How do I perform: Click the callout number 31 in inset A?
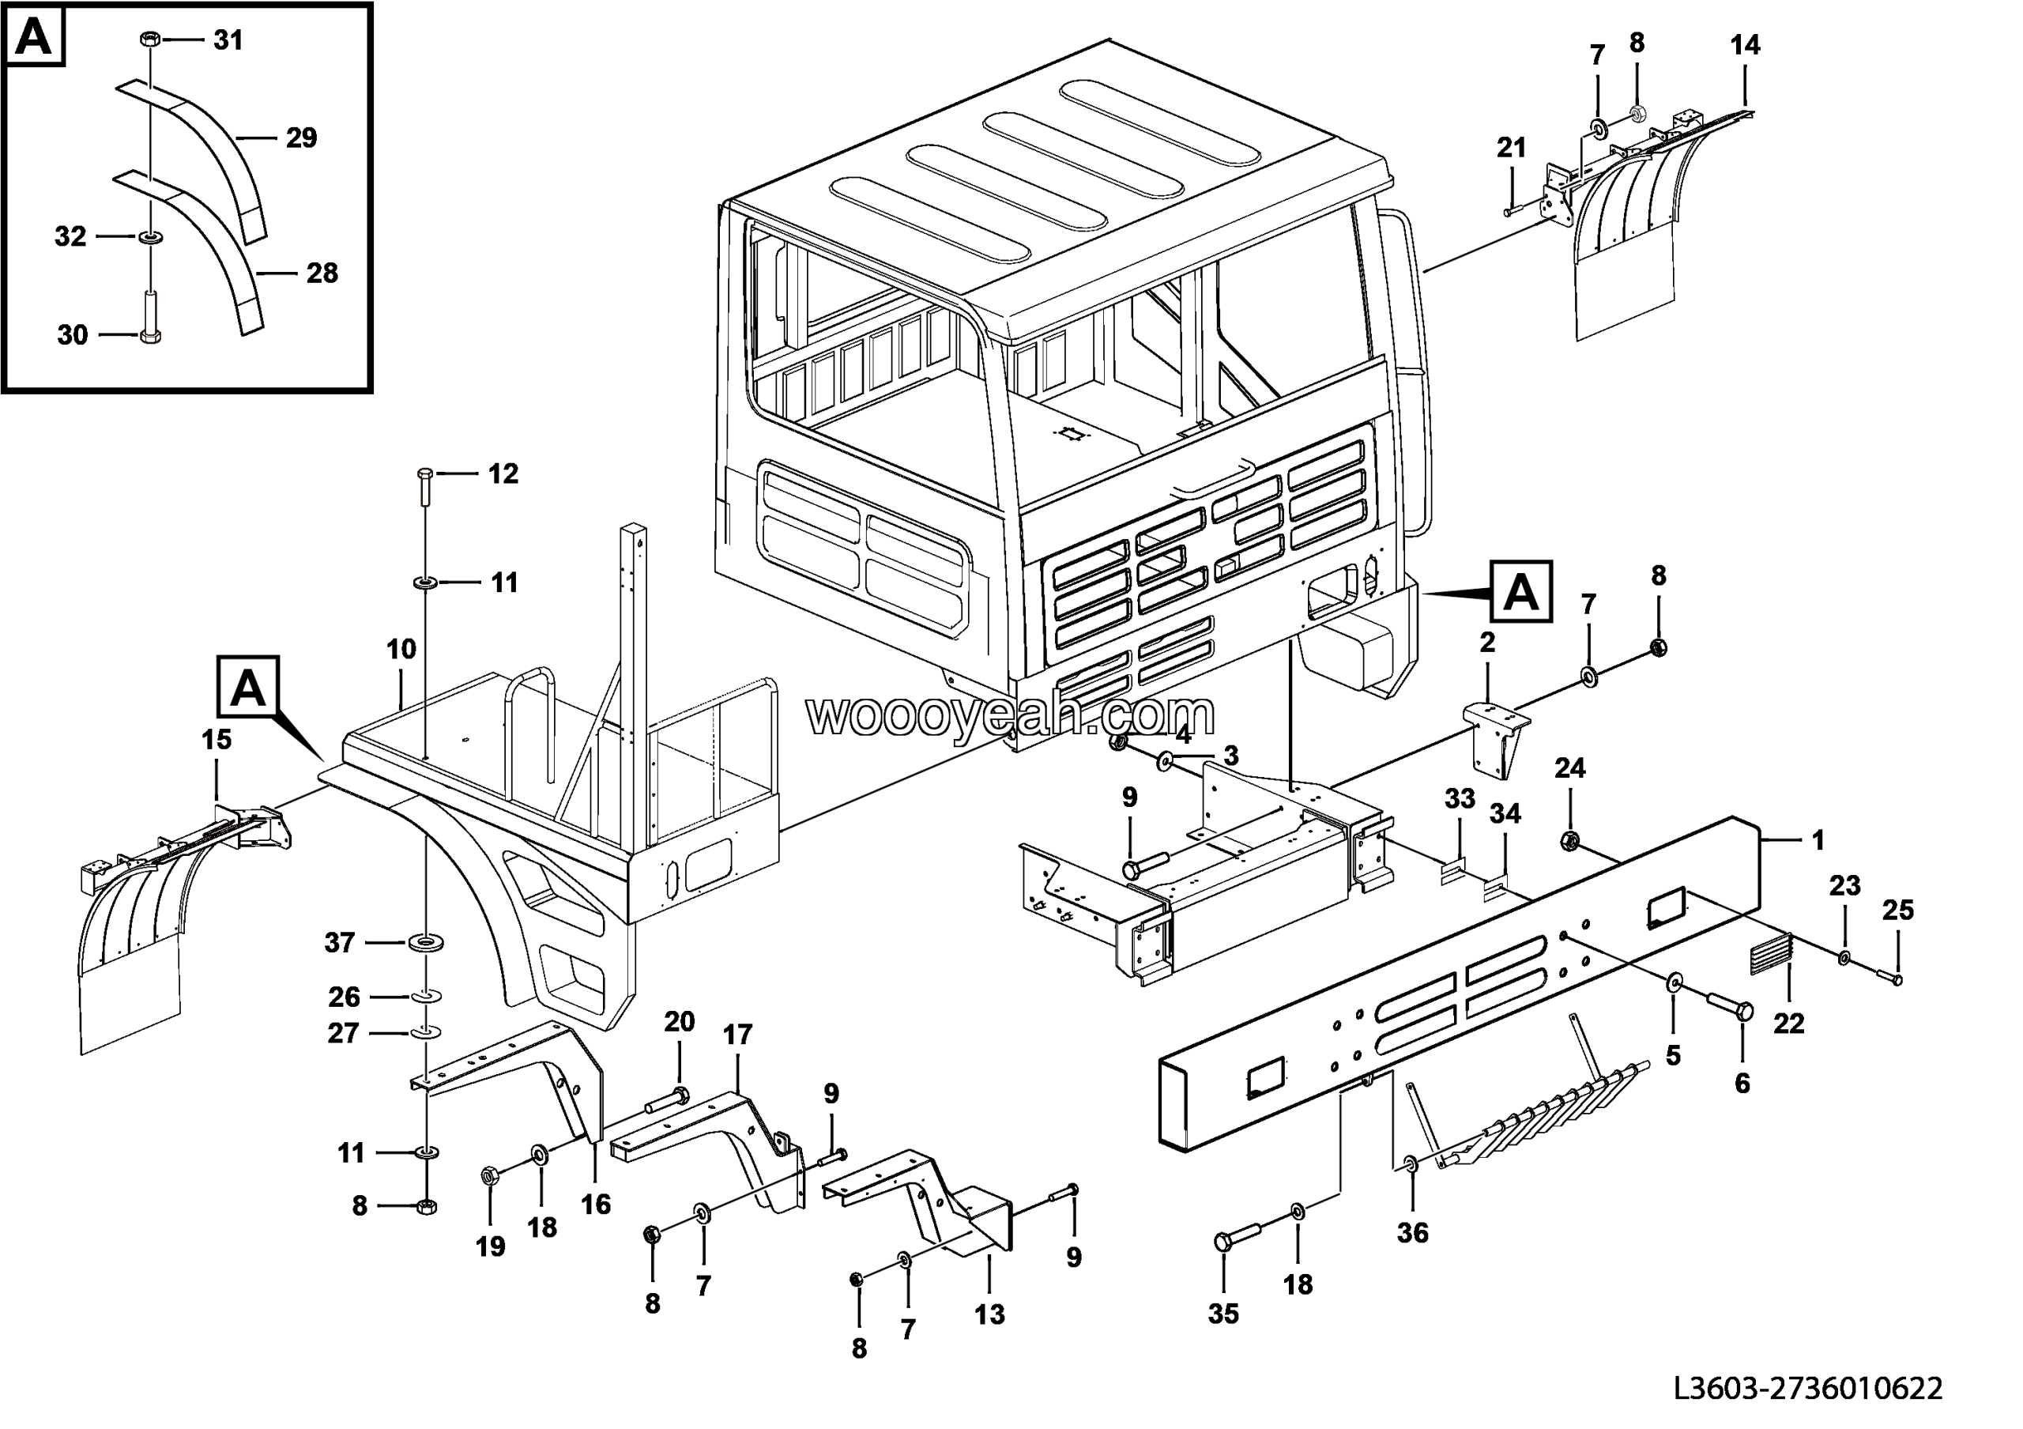click(x=228, y=40)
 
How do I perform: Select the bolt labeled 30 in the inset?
click(x=151, y=319)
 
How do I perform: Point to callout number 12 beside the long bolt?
click(x=503, y=474)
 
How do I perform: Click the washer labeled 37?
click(x=427, y=944)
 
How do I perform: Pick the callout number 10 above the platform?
click(x=401, y=650)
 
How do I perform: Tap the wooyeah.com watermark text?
click(x=1011, y=715)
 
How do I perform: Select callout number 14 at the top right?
click(x=1745, y=45)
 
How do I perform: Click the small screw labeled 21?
click(x=1513, y=210)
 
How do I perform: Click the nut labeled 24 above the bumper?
click(x=1569, y=839)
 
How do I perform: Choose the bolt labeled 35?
click(x=1234, y=1242)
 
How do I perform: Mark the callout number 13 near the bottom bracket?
click(x=989, y=1314)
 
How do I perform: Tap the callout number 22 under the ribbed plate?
click(x=1788, y=1023)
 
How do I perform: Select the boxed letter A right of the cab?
click(x=1520, y=592)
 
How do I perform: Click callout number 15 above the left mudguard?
click(x=217, y=740)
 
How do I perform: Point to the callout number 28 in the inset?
click(x=322, y=273)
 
